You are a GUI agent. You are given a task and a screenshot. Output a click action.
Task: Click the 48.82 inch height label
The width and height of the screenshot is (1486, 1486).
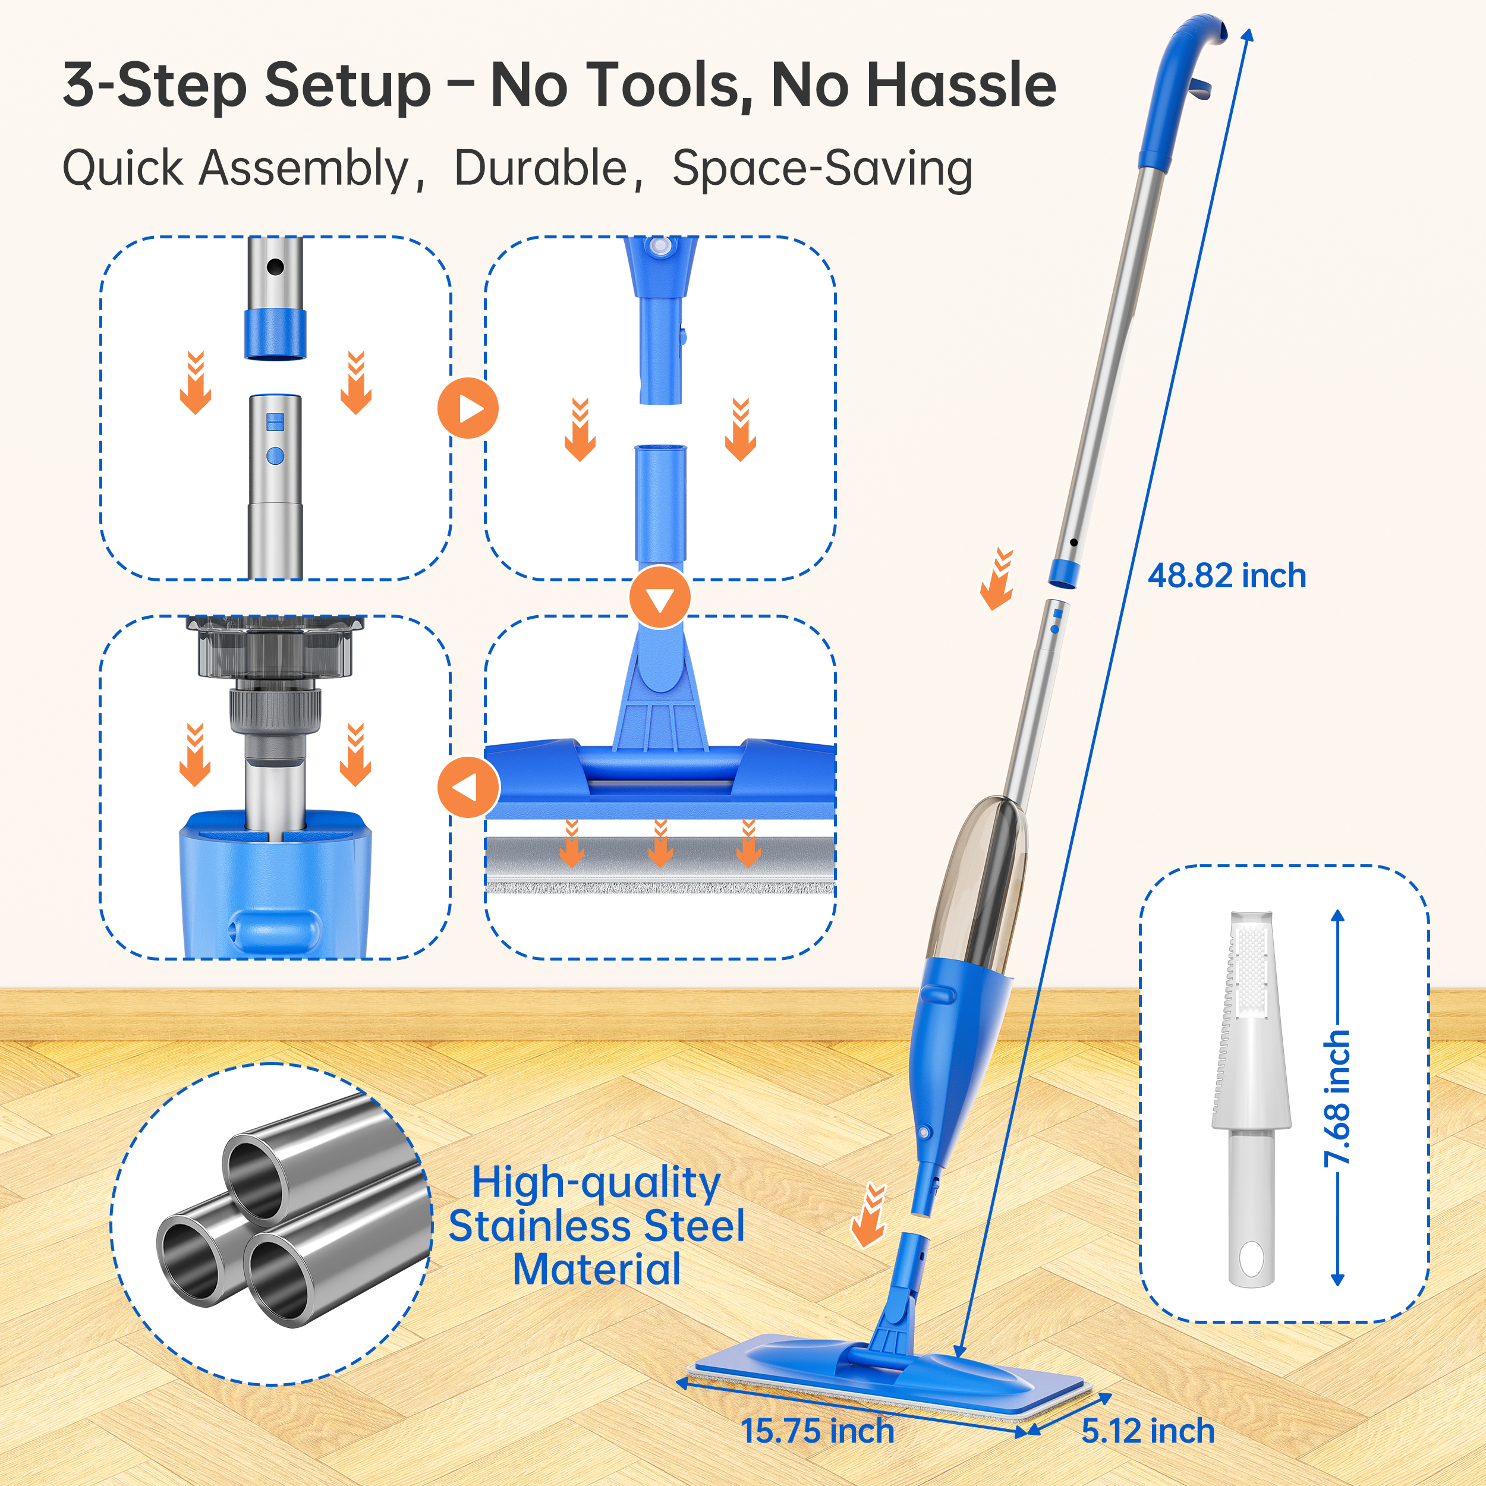tap(1226, 576)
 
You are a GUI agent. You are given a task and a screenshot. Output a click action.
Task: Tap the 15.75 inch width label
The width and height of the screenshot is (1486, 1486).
tap(817, 1431)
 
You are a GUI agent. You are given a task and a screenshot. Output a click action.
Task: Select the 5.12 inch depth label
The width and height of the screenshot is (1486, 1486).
tap(1148, 1431)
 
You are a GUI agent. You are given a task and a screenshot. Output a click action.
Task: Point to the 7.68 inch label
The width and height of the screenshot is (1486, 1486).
tap(1337, 1098)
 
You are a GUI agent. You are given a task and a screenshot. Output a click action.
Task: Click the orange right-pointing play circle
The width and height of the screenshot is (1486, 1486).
tap(468, 408)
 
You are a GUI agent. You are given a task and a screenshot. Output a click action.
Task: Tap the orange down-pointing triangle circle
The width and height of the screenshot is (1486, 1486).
tap(660, 597)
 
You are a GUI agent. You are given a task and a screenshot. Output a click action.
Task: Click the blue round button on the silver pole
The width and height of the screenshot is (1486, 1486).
tap(275, 456)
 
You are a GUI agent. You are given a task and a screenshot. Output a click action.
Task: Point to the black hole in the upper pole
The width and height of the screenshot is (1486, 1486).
tap(275, 267)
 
